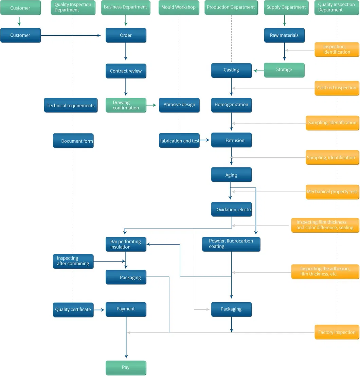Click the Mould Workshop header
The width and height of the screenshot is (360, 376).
(179, 7)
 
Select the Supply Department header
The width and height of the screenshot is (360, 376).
(286, 7)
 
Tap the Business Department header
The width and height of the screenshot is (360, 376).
(126, 7)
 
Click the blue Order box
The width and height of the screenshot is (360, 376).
(126, 35)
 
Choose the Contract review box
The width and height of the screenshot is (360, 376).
(126, 71)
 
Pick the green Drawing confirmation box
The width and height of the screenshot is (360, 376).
(126, 105)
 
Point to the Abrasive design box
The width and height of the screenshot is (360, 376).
(179, 105)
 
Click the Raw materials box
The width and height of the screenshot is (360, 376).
(284, 35)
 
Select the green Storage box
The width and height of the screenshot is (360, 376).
(284, 70)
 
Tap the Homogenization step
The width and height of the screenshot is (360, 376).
(231, 105)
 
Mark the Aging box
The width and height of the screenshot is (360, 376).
(231, 175)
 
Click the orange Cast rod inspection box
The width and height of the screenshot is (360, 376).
(337, 88)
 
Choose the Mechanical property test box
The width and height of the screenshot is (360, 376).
(332, 192)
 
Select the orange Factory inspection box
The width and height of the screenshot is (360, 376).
(337, 332)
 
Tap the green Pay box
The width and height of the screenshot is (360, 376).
(126, 368)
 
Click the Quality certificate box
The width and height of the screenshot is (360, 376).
(73, 309)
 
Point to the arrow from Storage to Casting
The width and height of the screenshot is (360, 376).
(258, 71)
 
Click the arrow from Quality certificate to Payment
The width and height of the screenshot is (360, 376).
(99, 310)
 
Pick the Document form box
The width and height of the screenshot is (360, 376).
(73, 141)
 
